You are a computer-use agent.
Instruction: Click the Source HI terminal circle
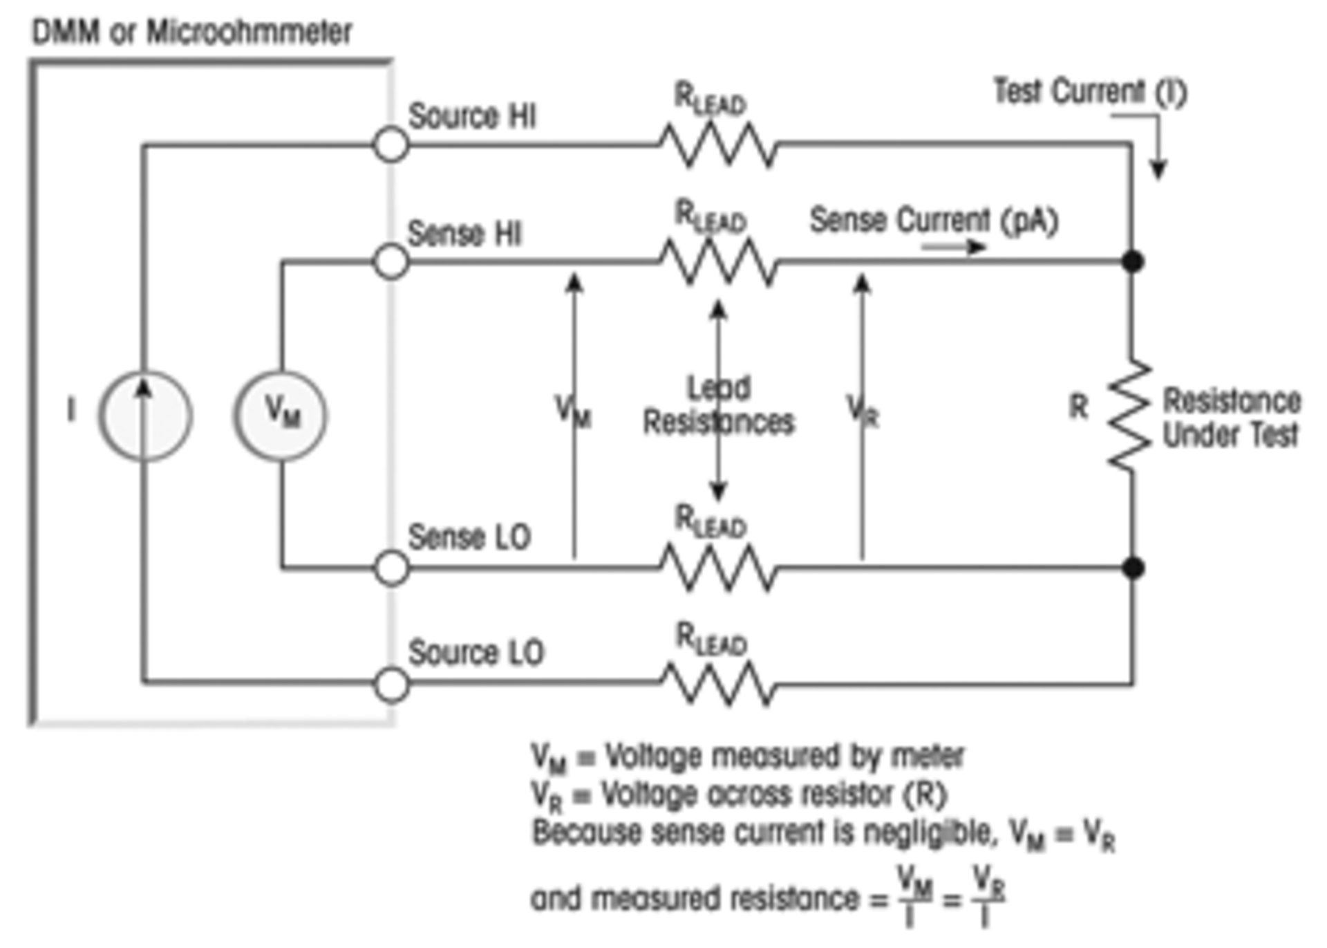391,145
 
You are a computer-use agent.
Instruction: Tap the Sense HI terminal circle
391,262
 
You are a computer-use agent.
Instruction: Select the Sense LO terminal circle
392,568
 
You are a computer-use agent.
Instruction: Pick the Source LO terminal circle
392,685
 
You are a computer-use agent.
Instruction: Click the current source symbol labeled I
144,416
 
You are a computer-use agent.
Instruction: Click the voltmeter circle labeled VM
281,416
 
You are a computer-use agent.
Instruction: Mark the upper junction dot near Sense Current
1132,262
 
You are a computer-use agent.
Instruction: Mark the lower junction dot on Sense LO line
1133,568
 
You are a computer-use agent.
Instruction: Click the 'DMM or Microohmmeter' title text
192,32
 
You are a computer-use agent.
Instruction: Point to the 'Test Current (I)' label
1090,91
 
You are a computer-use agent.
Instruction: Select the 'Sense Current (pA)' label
934,221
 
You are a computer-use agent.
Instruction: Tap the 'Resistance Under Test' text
1231,417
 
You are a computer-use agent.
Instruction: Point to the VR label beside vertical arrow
863,411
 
